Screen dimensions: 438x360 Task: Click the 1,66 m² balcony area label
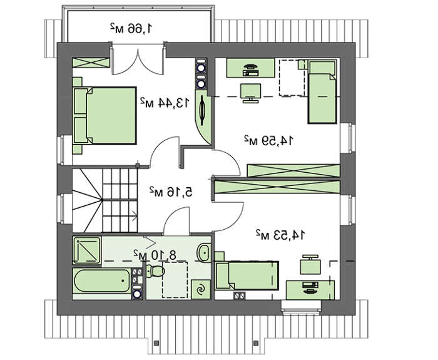point(131,28)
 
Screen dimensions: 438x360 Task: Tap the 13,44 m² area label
point(165,103)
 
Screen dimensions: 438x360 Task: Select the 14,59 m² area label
point(269,140)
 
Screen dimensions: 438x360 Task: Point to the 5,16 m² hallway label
point(171,192)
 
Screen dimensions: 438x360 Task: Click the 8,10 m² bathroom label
point(155,255)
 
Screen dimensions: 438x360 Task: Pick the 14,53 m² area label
point(280,235)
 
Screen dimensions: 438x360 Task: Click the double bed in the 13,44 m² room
point(104,116)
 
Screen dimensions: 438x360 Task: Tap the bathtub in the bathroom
point(101,280)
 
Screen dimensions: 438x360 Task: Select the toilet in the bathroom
point(155,271)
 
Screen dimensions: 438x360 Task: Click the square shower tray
point(86,250)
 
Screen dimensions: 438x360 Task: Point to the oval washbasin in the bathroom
point(204,253)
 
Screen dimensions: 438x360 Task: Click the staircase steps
point(105,200)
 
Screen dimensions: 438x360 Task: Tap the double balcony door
point(138,60)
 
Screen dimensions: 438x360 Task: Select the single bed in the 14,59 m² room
point(322,92)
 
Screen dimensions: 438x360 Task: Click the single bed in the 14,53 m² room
point(247,275)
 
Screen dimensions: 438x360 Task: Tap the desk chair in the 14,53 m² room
point(310,264)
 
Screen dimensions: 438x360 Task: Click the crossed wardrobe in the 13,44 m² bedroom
point(91,63)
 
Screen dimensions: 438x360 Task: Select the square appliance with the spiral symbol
point(201,289)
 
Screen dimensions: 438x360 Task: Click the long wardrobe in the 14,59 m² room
point(293,171)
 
